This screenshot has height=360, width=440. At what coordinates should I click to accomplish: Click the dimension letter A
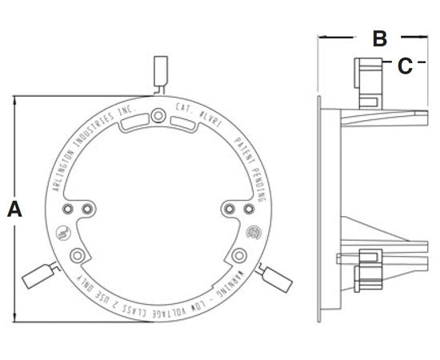tap(14, 210)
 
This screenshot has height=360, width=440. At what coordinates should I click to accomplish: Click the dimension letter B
tap(380, 38)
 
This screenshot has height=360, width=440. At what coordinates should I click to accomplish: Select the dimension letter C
tap(406, 66)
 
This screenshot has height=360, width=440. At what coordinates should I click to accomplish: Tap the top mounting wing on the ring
tap(160, 71)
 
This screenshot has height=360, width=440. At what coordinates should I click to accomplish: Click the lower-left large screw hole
tap(78, 255)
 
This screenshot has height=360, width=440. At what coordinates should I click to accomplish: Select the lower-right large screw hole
tap(239, 255)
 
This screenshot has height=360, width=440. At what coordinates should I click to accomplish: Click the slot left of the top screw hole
tap(133, 122)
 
